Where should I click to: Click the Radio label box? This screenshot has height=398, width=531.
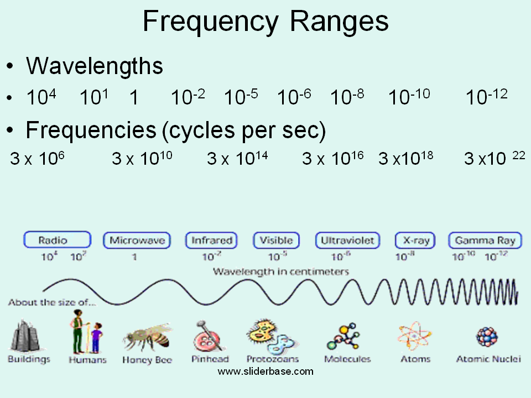pos(57,240)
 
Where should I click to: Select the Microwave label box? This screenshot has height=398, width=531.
pos(137,240)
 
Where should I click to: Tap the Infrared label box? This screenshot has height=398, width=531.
pos(211,240)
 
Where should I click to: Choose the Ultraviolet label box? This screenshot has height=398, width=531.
pos(347,240)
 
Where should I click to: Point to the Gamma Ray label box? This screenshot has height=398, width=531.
pos(485,240)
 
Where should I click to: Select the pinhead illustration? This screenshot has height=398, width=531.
pos(209,336)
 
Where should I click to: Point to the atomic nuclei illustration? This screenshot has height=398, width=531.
pos(487,336)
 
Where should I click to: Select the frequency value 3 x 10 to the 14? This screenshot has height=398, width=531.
pos(237,159)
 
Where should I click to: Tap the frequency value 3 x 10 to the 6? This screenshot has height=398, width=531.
pos(38,159)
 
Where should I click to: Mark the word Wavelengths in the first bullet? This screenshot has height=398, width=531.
pos(95,66)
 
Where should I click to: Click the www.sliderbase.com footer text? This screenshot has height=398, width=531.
pos(265,371)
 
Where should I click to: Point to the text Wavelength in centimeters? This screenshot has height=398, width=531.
pos(281,271)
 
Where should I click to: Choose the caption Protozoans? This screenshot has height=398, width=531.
pos(273,359)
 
